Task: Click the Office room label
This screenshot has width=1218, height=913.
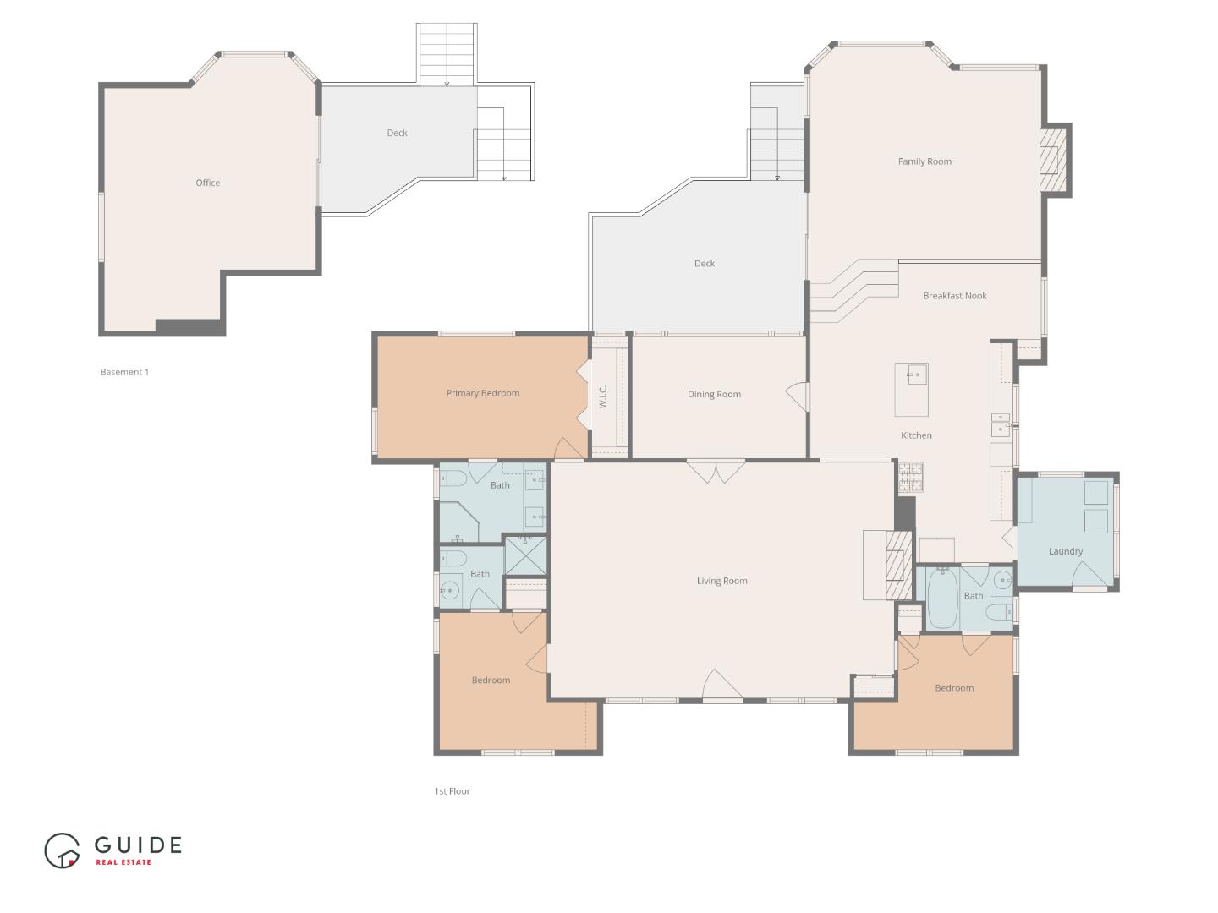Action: tap(207, 183)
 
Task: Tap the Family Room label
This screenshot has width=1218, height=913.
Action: tap(924, 161)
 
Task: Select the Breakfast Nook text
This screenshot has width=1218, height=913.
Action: tap(955, 296)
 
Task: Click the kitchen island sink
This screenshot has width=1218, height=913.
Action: tap(913, 374)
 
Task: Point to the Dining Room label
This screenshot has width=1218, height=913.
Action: tap(714, 395)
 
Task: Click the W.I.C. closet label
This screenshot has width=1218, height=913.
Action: tap(603, 397)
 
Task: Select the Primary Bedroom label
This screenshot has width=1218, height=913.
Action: tap(482, 393)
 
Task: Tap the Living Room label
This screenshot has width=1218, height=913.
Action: tap(721, 581)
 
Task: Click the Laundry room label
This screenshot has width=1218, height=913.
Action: tap(1065, 551)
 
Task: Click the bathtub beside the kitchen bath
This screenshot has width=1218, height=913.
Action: tap(941, 599)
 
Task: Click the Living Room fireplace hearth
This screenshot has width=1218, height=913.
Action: tap(895, 564)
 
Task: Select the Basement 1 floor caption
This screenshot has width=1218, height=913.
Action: tap(124, 372)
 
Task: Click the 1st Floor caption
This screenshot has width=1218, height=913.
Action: tap(452, 791)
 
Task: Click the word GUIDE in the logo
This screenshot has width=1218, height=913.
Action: tap(138, 845)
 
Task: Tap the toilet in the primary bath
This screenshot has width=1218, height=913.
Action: tap(453, 479)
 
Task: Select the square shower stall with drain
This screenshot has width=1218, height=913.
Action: tap(525, 555)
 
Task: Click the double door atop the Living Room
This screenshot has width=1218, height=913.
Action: tap(716, 471)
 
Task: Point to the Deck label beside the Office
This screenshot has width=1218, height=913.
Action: tap(397, 133)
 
